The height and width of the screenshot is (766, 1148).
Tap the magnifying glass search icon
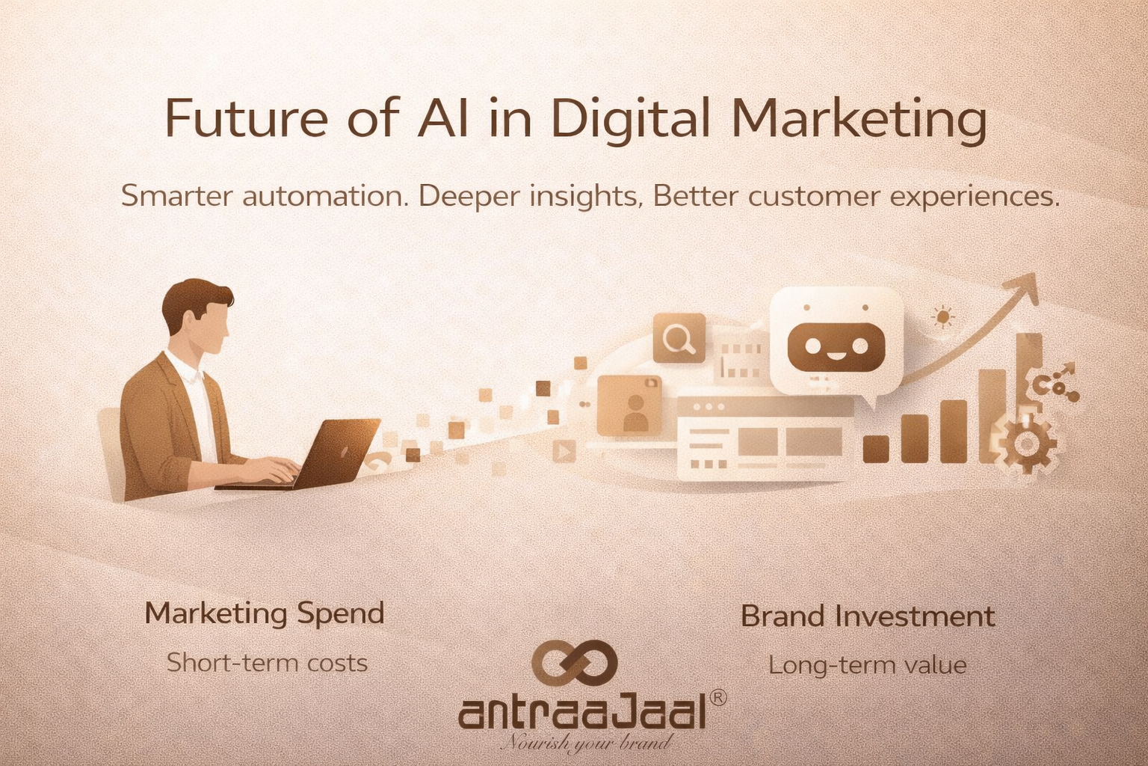click(679, 338)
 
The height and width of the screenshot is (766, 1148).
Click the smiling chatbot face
click(836, 346)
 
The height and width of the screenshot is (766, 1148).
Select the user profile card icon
click(629, 405)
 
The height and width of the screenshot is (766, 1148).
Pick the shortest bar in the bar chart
click(876, 448)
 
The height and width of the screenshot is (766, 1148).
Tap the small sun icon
click(943, 317)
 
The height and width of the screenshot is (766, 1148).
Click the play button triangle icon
click(564, 451)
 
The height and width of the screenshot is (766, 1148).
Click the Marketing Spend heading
click(265, 613)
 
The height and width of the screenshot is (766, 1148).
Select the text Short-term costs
click(267, 663)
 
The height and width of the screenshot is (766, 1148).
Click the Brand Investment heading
click(868, 616)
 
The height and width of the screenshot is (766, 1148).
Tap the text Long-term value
click(867, 665)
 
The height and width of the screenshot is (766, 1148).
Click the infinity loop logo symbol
click(574, 663)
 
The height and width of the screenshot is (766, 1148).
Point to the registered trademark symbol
click(715, 697)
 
